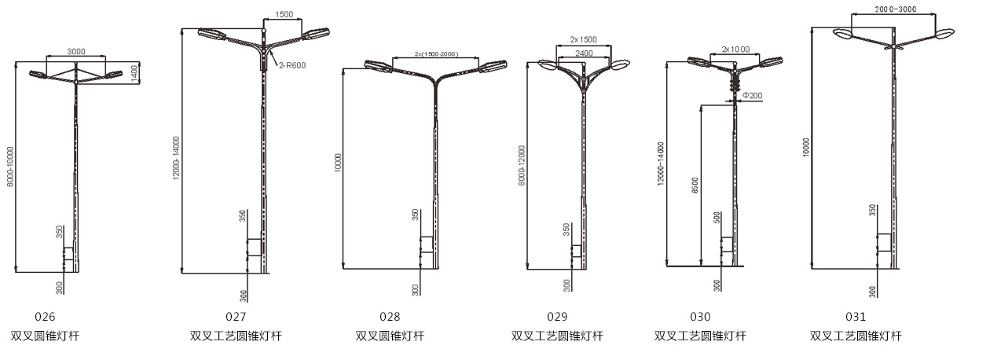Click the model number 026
pos(46,317)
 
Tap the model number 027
pos(236,317)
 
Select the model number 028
pos(390,317)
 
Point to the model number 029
pos(557,317)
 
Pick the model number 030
pos(700,317)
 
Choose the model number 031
pos(856,317)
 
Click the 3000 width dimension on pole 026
pos(76,52)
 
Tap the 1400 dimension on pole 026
pos(134,72)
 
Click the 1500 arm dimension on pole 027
pos(284,14)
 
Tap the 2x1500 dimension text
pos(584,39)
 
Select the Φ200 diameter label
pos(752,96)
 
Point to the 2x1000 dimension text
pos(735,50)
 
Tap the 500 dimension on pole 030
pos(717,218)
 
